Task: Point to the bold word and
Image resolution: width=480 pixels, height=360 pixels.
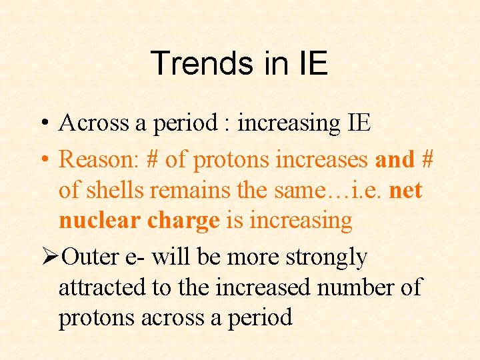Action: [395, 159]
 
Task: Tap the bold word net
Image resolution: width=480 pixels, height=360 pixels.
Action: [405, 190]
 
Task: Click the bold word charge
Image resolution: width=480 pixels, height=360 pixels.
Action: [179, 221]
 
